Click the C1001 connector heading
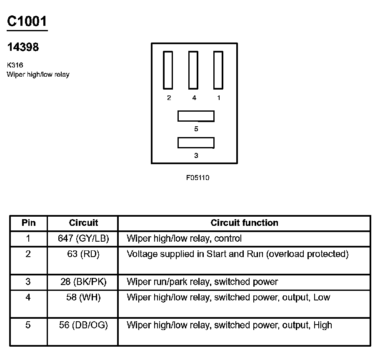click(x=27, y=21)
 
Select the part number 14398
click(x=23, y=47)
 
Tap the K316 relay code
click(x=15, y=65)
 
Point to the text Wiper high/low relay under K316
click(x=38, y=75)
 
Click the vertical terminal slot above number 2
click(x=168, y=70)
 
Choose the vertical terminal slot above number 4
click(x=193, y=70)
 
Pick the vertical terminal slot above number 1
click(x=219, y=70)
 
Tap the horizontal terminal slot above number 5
click(x=196, y=116)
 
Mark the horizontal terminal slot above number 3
click(x=196, y=142)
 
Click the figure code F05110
click(x=197, y=178)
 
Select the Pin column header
click(x=28, y=223)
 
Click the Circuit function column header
click(x=244, y=223)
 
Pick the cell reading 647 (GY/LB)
click(x=83, y=239)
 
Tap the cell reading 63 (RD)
click(x=83, y=254)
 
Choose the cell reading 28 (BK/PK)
click(x=83, y=282)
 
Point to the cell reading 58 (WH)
click(x=83, y=297)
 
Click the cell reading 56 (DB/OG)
click(x=83, y=325)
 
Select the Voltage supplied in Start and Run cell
click(x=237, y=254)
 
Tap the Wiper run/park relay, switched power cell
click(x=202, y=282)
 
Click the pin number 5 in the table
click(x=28, y=325)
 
